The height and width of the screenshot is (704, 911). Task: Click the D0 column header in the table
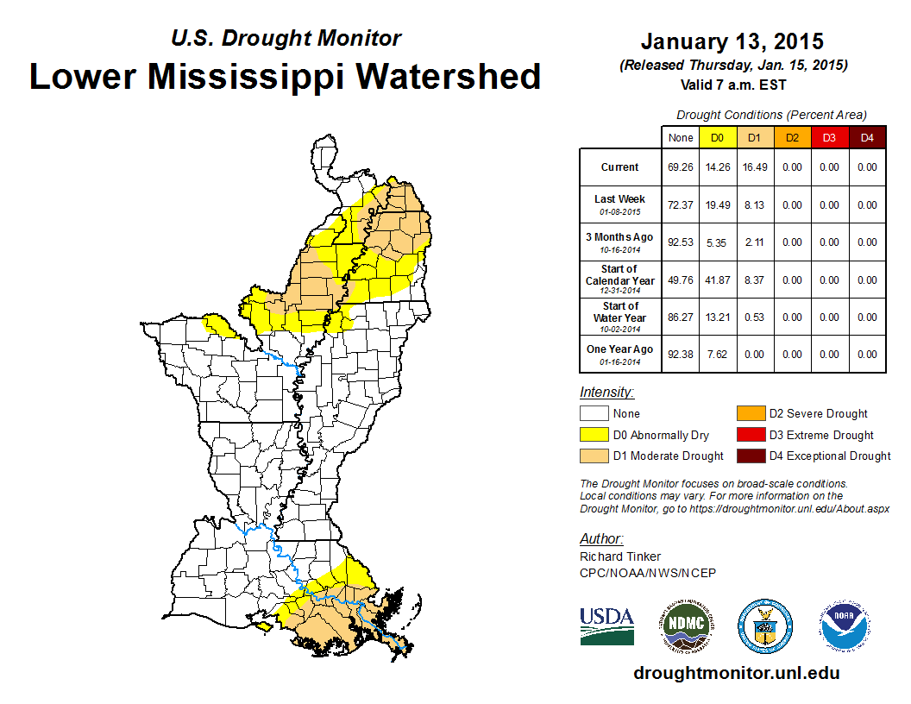pyautogui.click(x=718, y=137)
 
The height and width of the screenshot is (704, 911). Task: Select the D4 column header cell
pyautogui.click(x=867, y=137)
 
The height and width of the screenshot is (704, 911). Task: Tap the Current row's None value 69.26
pyautogui.click(x=681, y=167)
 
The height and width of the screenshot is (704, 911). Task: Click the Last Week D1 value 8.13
pyautogui.click(x=755, y=205)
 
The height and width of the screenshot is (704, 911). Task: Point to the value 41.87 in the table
pyautogui.click(x=718, y=280)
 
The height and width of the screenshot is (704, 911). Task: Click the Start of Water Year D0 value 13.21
pyautogui.click(x=718, y=317)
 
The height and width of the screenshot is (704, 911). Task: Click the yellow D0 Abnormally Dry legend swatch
pyautogui.click(x=594, y=435)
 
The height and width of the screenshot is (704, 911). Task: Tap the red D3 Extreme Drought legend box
pyautogui.click(x=749, y=435)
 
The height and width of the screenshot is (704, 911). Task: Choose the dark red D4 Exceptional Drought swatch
pyautogui.click(x=749, y=456)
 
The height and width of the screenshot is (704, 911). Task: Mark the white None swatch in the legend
pyautogui.click(x=594, y=414)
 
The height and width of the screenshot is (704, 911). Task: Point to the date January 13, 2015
pyautogui.click(x=732, y=41)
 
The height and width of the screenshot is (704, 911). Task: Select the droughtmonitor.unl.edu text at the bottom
pyautogui.click(x=736, y=673)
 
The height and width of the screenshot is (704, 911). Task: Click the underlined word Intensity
pyautogui.click(x=606, y=392)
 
